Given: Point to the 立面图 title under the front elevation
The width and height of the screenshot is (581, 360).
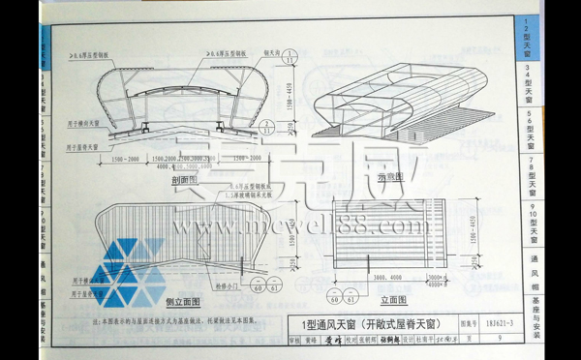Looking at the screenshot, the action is point(379,301).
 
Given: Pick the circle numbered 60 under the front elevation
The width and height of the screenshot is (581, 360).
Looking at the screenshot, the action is point(333,294).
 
